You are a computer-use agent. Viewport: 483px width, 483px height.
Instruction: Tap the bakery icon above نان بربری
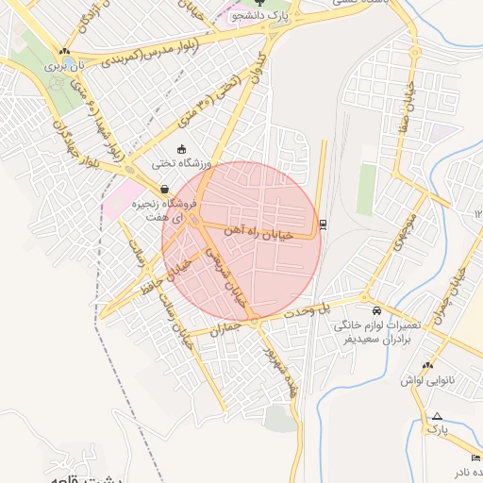point(63,53)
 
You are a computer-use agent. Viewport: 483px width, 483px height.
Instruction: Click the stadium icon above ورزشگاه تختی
point(182,148)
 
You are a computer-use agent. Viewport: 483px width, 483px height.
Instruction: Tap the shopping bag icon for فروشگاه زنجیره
point(166,189)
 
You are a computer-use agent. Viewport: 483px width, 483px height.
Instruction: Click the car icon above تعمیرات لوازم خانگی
point(376,310)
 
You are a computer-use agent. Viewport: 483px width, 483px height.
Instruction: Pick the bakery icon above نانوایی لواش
point(427,365)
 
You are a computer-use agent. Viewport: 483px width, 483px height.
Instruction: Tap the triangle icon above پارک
point(436,416)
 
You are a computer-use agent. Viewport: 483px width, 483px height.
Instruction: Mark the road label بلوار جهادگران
point(66,143)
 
